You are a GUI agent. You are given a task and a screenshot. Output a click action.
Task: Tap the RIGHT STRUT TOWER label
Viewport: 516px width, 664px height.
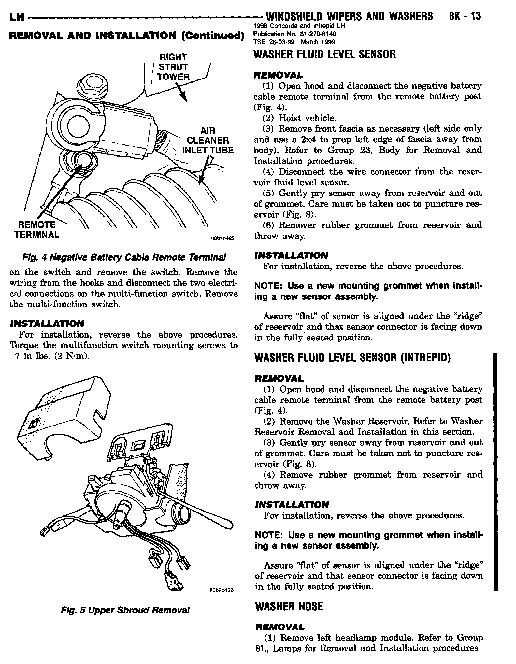173,67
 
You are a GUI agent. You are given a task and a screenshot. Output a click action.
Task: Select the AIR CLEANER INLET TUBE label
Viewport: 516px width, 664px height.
208,141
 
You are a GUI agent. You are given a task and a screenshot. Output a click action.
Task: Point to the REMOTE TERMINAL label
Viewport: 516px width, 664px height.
36,229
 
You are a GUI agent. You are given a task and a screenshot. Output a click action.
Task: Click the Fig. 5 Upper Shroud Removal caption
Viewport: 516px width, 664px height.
125,610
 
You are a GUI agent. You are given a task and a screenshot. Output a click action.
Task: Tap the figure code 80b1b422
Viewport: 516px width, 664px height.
223,238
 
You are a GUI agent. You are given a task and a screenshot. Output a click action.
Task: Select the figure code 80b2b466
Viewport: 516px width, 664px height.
223,590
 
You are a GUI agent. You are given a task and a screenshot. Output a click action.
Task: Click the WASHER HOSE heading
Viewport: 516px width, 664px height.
289,606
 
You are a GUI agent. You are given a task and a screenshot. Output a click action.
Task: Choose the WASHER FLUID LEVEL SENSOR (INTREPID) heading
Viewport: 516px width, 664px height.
352,358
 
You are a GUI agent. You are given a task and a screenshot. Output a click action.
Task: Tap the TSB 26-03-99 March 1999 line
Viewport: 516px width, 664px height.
294,42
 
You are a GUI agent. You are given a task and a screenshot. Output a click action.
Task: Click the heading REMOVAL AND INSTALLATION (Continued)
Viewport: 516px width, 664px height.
126,36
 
